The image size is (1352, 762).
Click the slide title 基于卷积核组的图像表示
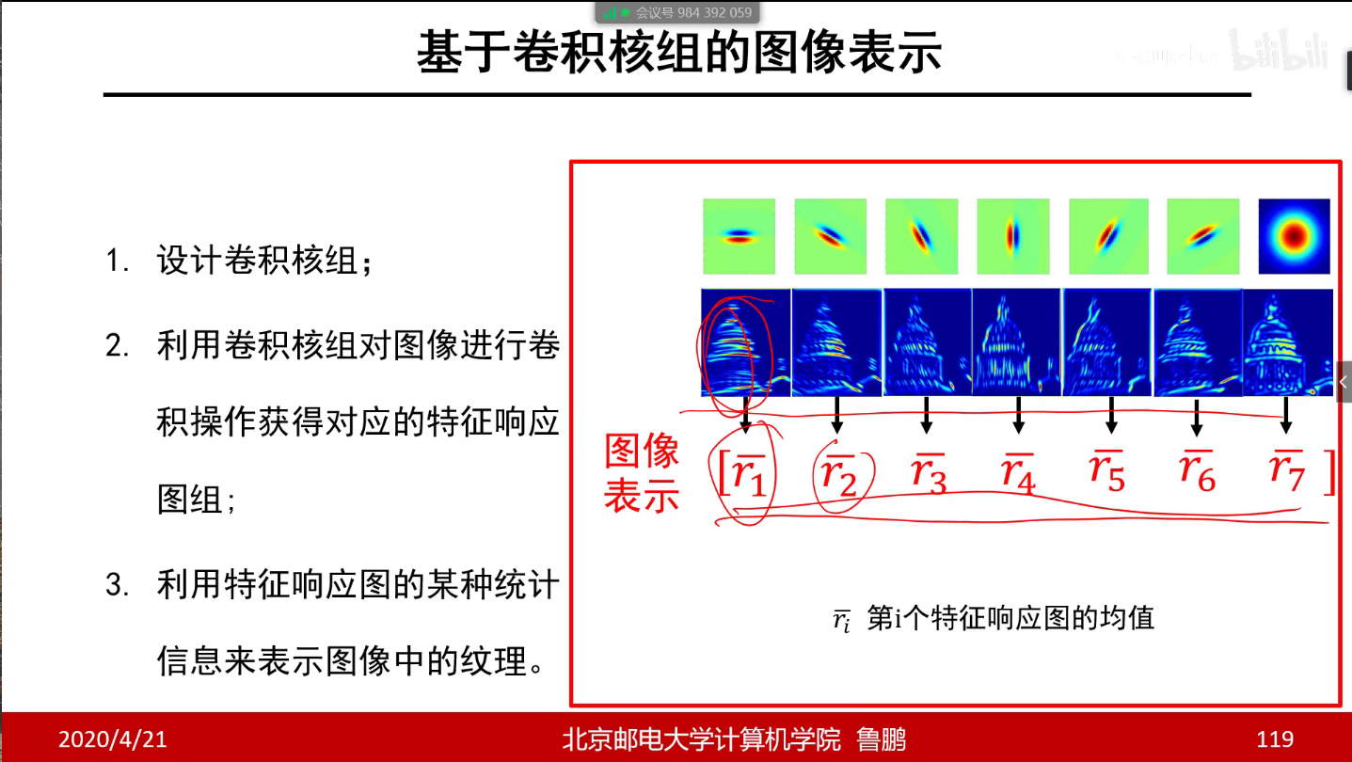pyautogui.click(x=678, y=54)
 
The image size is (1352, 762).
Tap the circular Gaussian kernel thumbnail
pyautogui.click(x=1294, y=235)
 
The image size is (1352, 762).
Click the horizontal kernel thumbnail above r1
pyautogui.click(x=739, y=235)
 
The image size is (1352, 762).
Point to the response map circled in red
pyautogui.click(x=744, y=342)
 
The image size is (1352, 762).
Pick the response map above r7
pyautogui.click(x=1288, y=342)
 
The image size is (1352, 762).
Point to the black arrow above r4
pyautogui.click(x=1018, y=415)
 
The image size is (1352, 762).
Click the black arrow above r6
pyautogui.click(x=1197, y=417)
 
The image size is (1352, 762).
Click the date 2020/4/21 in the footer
pyautogui.click(x=112, y=739)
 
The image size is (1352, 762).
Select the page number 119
pyautogui.click(x=1275, y=739)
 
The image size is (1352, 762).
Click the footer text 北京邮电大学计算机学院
pyautogui.click(x=701, y=739)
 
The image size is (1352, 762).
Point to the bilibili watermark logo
pyautogui.click(x=1280, y=50)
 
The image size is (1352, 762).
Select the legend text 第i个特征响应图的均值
pyautogui.click(x=1010, y=618)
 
